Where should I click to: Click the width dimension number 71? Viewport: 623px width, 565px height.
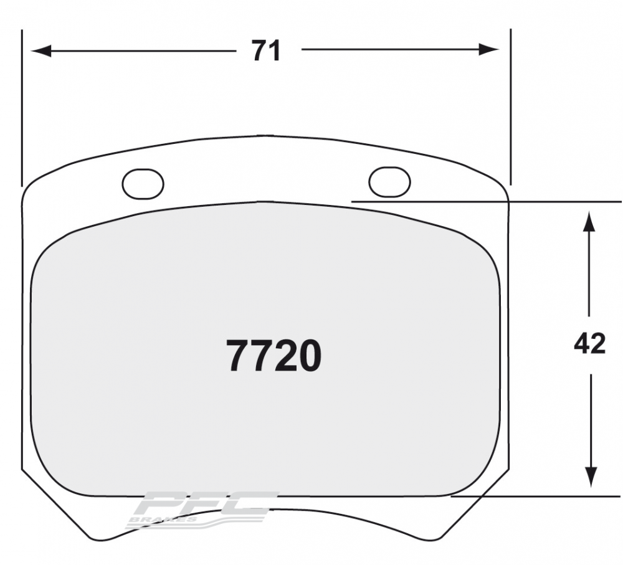[x=267, y=50]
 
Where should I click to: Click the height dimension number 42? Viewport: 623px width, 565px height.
[x=589, y=343]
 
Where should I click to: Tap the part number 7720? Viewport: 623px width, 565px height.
[x=274, y=356]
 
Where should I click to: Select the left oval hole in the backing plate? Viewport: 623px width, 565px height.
[x=143, y=184]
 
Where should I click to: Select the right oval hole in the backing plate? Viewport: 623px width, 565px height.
[x=389, y=181]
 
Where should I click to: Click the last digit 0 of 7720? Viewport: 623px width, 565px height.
[x=310, y=356]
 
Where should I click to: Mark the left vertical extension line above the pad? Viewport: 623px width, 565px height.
[x=22, y=106]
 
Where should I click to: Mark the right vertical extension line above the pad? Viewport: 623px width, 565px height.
[x=510, y=106]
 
